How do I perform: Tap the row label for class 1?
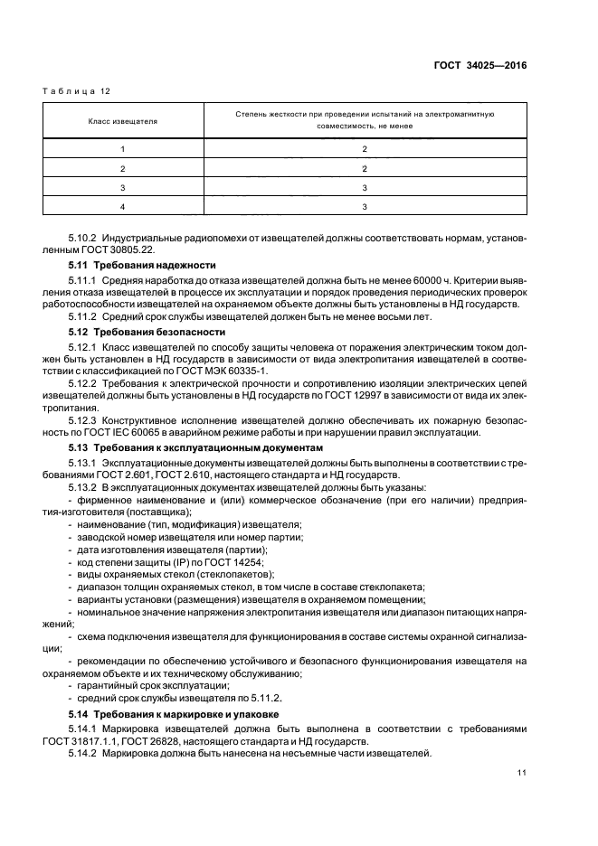click(121, 148)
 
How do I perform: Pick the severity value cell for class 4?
click(363, 207)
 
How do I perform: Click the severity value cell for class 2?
click(363, 168)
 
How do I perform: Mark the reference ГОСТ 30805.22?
click(127, 250)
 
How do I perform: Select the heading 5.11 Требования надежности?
click(142, 266)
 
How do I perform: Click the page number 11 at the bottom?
click(522, 773)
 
